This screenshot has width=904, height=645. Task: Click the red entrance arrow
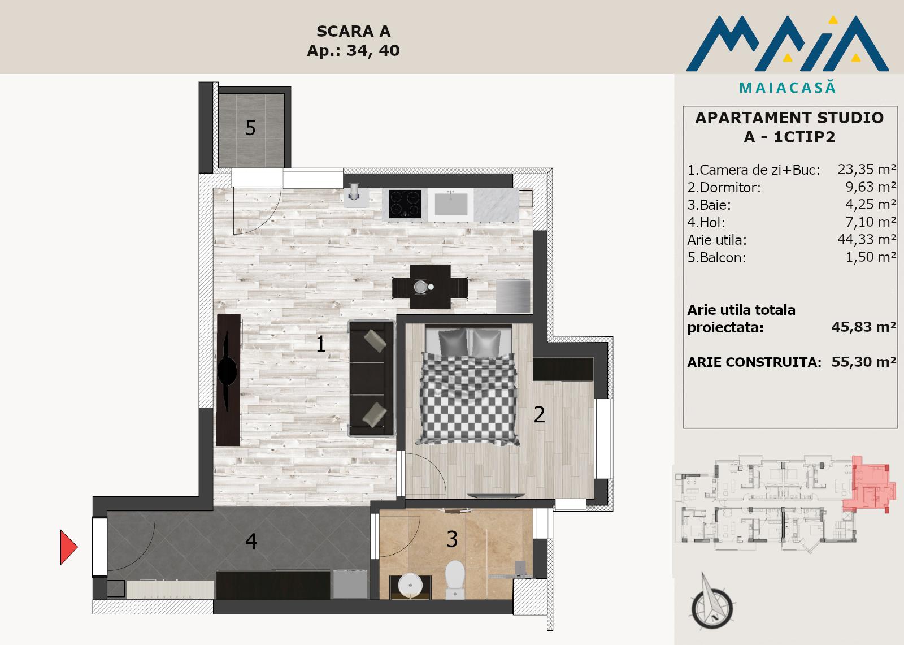coord(68,547)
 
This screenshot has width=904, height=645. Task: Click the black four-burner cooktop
coord(405,204)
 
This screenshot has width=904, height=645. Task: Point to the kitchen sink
coord(451,204)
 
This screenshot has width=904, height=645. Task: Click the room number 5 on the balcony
coord(251,128)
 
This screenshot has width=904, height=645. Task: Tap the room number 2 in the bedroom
coord(539,414)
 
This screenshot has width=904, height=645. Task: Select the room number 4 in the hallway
coord(251,541)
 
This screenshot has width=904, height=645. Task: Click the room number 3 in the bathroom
coord(452,539)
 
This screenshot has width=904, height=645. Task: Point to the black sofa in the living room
coord(371,378)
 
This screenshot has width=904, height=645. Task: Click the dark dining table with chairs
coord(430,287)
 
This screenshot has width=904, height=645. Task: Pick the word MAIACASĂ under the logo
coord(788,88)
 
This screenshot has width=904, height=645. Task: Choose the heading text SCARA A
coord(353,32)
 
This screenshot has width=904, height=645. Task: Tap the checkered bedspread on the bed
coord(468,398)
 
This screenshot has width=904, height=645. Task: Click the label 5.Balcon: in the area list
coord(717,257)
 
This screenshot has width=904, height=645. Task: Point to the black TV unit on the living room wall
coord(228,380)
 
